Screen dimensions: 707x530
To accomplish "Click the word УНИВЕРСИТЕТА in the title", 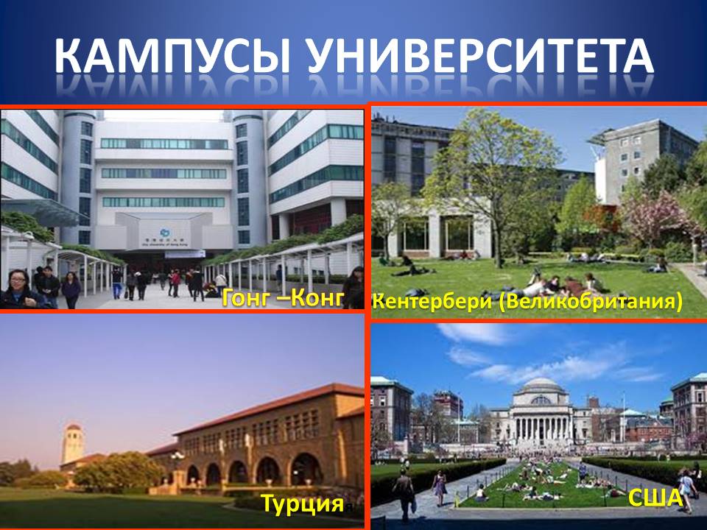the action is point(481,57).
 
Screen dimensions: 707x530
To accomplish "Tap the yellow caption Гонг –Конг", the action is point(283,298).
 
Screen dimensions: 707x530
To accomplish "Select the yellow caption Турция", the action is point(303,503).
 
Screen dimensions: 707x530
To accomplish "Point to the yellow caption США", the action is point(655,498).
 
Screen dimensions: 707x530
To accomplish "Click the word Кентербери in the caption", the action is point(433,301).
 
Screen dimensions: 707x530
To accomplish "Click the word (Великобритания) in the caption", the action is point(591,302).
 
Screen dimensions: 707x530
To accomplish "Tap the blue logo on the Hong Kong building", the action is point(165,233).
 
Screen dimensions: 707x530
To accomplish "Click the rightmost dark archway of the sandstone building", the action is point(306,470).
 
